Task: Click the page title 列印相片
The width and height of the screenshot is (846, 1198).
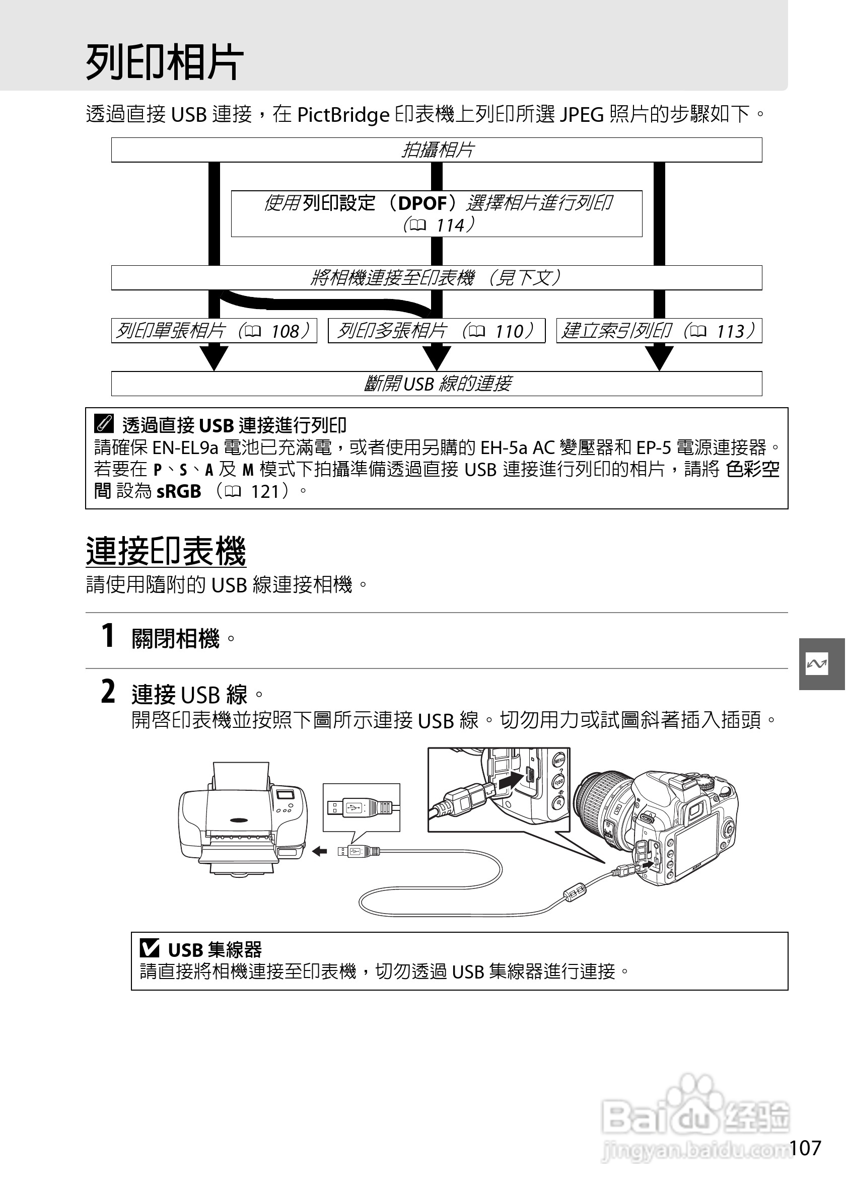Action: click(x=164, y=62)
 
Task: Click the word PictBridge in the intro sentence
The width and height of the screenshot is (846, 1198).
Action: click(x=343, y=115)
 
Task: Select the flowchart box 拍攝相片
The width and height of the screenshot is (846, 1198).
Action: click(x=437, y=151)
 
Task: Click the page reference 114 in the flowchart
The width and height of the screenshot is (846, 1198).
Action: click(x=450, y=226)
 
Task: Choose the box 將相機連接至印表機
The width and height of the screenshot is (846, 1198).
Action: click(x=436, y=277)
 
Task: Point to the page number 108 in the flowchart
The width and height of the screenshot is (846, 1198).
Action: click(x=286, y=331)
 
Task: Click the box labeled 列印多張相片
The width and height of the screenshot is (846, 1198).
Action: click(x=436, y=331)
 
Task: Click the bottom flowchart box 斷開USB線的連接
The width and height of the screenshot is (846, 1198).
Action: click(x=436, y=384)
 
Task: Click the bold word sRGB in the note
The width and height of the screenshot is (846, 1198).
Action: click(x=178, y=491)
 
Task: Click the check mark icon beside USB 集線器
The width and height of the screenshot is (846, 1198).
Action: click(x=150, y=947)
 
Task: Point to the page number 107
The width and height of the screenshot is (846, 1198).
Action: click(x=805, y=1147)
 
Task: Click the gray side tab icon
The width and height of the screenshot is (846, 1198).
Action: click(x=816, y=664)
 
